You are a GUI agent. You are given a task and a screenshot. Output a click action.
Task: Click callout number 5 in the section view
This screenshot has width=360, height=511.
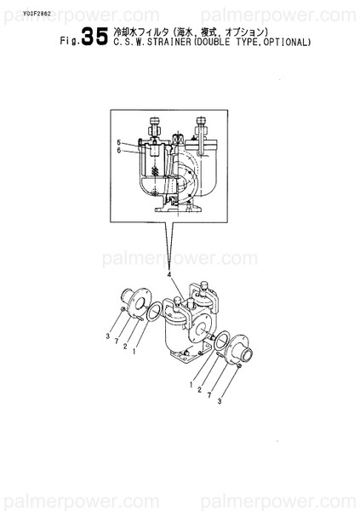[x=120, y=141]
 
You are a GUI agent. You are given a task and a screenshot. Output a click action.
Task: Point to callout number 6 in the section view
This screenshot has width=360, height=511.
[x=120, y=151]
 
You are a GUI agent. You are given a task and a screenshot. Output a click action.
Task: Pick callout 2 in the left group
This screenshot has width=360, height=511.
[x=126, y=346]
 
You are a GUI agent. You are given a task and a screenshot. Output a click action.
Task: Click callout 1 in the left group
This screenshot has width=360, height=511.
[x=135, y=350]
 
